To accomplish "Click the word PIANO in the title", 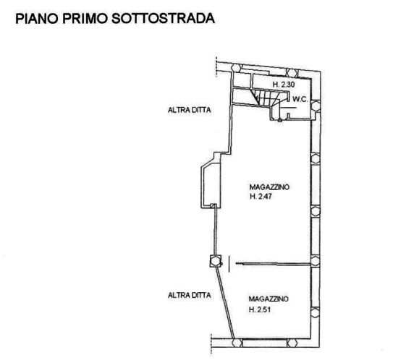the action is pyautogui.click(x=37, y=19).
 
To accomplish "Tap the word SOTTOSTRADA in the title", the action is pyautogui.click(x=163, y=19).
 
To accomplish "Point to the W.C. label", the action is pyautogui.click(x=300, y=99).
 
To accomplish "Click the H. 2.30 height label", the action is pyautogui.click(x=284, y=85).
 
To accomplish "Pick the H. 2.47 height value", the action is pyautogui.click(x=261, y=197).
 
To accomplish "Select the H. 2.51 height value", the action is pyautogui.click(x=260, y=309).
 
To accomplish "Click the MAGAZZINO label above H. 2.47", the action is pyautogui.click(x=269, y=187).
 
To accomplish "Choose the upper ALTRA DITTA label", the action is pyautogui.click(x=189, y=110).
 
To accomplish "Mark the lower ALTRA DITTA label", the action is pyautogui.click(x=189, y=296).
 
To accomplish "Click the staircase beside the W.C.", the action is pyautogui.click(x=266, y=98).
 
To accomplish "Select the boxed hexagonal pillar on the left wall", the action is pyautogui.click(x=216, y=261).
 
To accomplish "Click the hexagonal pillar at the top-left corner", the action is pyautogui.click(x=237, y=68).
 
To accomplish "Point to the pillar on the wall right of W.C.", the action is pyautogui.click(x=316, y=106).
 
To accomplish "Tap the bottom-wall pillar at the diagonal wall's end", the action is pyautogui.click(x=237, y=343).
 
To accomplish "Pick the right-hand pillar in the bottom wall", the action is pyautogui.click(x=292, y=343).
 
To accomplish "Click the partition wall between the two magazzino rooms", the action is pyautogui.click(x=273, y=264).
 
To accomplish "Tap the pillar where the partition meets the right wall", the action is pyautogui.click(x=316, y=261).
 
